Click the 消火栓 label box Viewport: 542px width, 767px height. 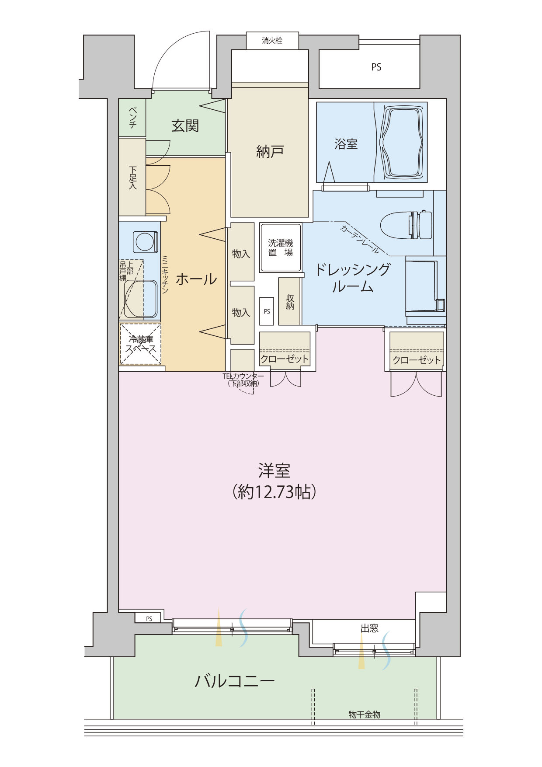coord(272,41)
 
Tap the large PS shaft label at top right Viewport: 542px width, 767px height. coord(376,67)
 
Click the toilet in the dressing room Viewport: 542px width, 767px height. coord(406,225)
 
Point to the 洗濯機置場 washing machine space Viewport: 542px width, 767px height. coord(281,248)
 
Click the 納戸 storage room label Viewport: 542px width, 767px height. coord(270,152)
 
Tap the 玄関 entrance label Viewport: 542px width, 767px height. coord(185,126)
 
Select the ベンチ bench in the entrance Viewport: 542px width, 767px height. coord(132,118)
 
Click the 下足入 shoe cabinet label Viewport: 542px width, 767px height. coord(133,178)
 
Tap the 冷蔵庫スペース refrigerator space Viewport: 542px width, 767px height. coord(141,344)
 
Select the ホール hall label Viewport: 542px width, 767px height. coord(196,279)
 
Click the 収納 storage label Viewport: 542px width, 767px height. coord(290,302)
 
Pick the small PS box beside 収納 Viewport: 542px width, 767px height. coord(267,311)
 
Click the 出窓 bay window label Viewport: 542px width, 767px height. coord(369,629)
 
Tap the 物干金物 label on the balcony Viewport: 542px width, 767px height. coord(365,715)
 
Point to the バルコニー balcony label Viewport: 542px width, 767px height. coord(235,681)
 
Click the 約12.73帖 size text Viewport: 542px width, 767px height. coord(274,492)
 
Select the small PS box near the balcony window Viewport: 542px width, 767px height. coord(149,619)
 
